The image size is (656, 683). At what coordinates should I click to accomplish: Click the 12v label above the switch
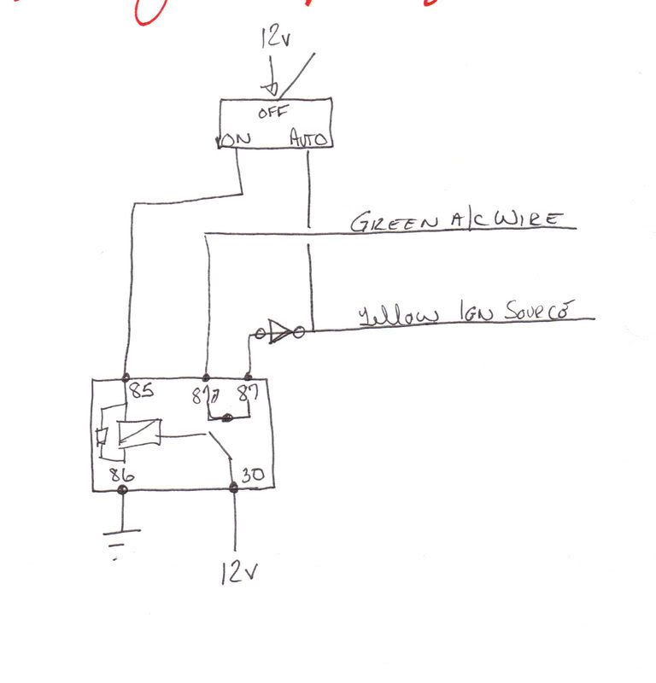pos(274,38)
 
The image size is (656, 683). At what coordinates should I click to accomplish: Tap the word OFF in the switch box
pos(273,111)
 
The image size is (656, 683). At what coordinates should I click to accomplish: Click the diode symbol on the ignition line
pos(279,332)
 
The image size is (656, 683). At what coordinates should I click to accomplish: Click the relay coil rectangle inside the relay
pos(138,434)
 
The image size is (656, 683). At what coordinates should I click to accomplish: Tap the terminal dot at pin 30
pos(234,489)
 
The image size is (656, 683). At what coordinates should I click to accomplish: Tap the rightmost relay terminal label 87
pos(247,394)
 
